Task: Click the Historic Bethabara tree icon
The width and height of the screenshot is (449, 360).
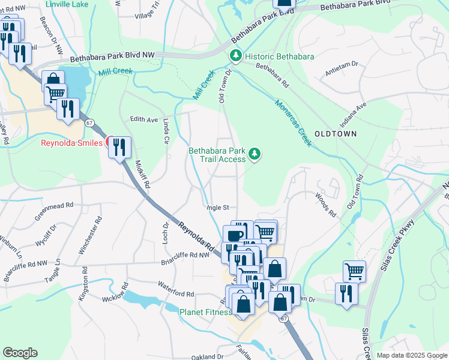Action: coord(236,56)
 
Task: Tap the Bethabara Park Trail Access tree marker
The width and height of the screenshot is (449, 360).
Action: coord(255,154)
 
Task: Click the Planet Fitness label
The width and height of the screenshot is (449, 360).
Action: coord(206,312)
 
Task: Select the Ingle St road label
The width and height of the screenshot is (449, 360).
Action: coord(218,208)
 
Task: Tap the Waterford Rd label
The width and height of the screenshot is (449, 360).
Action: coord(176,289)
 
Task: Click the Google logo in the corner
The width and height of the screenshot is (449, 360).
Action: coord(20,353)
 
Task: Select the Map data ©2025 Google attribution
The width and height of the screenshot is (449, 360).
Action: coord(412,355)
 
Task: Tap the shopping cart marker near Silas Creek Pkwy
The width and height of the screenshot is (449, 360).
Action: coord(354,271)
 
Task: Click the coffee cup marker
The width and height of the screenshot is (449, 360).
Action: coord(235,235)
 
